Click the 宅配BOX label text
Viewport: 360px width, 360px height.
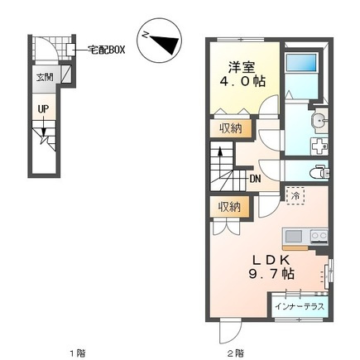106,50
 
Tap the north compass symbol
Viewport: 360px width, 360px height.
160,41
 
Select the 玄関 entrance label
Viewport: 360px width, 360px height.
45,78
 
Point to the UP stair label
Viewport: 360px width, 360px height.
43,109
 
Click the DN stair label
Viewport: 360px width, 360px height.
255,179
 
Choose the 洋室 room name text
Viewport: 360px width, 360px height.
242,67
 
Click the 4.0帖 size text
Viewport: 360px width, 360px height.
242,81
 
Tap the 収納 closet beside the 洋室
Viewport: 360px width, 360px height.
231,128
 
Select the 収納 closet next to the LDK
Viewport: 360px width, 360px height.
229,207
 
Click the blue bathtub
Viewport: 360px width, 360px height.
301,63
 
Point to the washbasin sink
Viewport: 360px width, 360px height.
319,120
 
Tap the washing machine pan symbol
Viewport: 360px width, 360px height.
319,146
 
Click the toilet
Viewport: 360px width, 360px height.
319,173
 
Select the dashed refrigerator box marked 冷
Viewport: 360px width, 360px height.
295,196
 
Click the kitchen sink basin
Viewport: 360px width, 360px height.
294,237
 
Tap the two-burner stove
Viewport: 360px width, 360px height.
319,237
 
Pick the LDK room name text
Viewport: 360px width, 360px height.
271,260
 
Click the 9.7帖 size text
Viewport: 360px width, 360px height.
271,274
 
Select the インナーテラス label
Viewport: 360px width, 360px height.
300,306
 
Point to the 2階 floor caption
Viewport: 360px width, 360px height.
236,353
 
